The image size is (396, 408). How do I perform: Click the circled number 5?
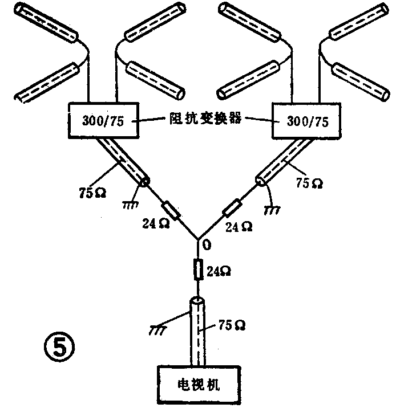pyautogui.click(x=59, y=346)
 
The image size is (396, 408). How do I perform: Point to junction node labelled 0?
pyautogui.click(x=198, y=239)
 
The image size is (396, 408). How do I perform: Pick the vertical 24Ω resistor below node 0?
pyautogui.click(x=198, y=269)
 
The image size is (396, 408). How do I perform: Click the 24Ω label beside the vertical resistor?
pyautogui.click(x=219, y=272)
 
